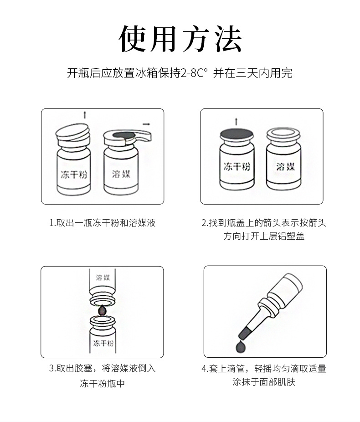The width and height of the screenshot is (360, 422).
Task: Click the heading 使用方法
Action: point(180,39)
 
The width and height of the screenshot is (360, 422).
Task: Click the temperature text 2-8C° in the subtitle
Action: point(194,73)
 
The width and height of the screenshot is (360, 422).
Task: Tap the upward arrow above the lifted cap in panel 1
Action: point(85,115)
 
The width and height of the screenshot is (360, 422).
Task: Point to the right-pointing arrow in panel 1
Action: point(146,124)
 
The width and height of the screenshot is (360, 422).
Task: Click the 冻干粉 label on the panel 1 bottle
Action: point(74,175)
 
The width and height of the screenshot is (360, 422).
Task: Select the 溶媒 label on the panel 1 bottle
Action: point(121,174)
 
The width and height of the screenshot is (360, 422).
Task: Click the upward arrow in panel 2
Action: point(236,122)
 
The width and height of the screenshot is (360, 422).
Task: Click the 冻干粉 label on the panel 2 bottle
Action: point(237,167)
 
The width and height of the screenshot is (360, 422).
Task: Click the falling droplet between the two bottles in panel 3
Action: point(103,310)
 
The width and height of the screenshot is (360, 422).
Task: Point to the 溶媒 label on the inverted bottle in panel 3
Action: point(103,278)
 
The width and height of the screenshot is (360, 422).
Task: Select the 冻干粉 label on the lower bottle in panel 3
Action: point(103,343)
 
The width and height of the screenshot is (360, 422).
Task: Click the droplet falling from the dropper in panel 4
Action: point(240,347)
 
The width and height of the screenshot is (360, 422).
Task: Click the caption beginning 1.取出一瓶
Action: point(103,223)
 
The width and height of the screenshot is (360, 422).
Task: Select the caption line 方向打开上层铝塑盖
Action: point(264,236)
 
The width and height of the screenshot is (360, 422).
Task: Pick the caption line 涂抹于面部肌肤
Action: point(264,382)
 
